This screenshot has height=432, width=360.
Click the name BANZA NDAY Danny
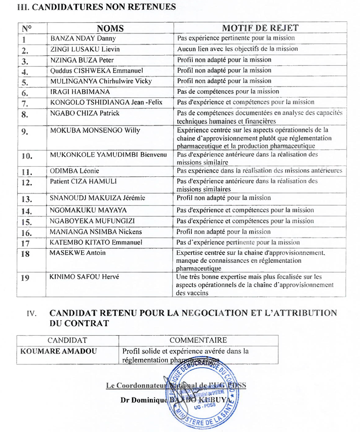(83, 38)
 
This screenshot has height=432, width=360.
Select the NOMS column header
(110, 28)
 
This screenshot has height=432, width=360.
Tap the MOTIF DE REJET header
(260, 28)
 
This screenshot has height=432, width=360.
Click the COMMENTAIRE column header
(198, 340)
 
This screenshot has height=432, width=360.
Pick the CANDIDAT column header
(67, 340)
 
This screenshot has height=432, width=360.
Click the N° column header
(27, 28)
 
